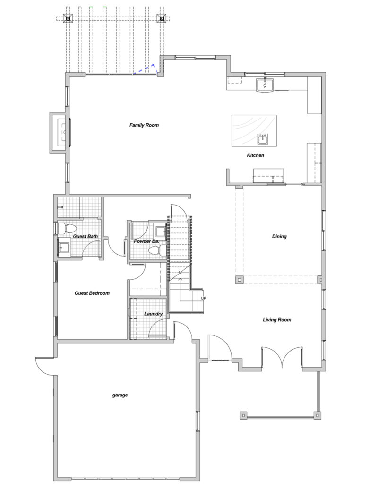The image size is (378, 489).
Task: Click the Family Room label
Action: (144, 125)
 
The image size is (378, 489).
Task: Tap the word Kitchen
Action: (256, 155)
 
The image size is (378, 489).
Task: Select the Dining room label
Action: (279, 236)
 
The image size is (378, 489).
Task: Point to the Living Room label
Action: (277, 320)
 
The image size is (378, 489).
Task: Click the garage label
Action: (120, 395)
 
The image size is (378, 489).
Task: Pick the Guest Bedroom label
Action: (92, 293)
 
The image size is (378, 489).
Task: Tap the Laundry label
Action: (153, 314)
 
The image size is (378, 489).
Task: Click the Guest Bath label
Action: (85, 236)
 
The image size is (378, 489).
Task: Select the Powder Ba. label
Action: (146, 241)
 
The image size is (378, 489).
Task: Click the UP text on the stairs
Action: (204, 298)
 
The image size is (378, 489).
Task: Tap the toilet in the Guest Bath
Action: (67, 229)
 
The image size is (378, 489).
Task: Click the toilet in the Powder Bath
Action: (157, 250)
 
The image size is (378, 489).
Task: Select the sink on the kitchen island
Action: (263, 139)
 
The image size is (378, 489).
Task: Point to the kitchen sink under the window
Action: (265, 85)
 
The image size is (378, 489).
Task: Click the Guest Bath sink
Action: (64, 248)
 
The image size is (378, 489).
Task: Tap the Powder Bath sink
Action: (162, 232)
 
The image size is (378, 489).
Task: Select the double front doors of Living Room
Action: (282, 357)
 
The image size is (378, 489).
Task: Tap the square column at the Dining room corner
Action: (239, 280)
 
